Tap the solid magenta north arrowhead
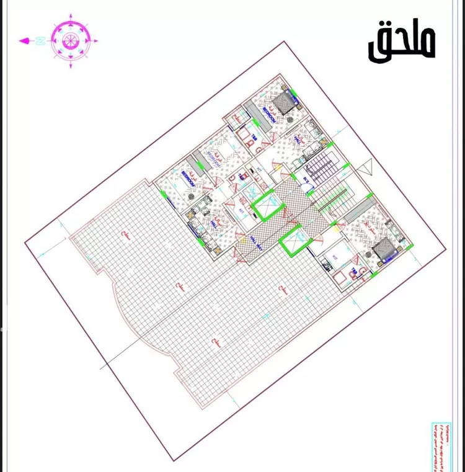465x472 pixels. (24, 41)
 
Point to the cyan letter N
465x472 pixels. (39, 41)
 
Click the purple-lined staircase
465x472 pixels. (322, 167)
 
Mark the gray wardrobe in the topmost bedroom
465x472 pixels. (258, 116)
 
